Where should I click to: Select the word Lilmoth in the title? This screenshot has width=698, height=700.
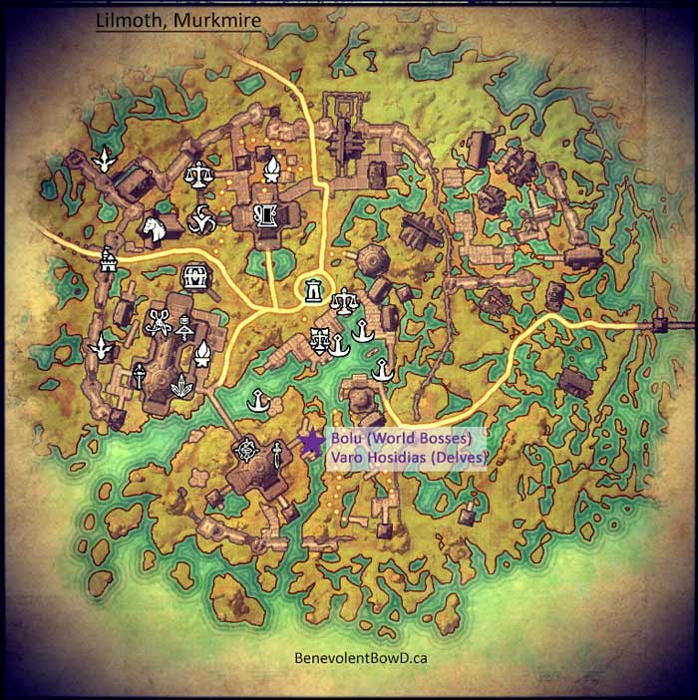(127, 18)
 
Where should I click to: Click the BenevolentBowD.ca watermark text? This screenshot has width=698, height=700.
(362, 658)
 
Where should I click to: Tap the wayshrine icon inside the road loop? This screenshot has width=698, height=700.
(314, 291)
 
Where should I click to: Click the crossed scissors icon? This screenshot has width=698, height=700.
(157, 320)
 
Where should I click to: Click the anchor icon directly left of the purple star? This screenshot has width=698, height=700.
(258, 399)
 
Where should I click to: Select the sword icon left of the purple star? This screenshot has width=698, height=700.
(275, 452)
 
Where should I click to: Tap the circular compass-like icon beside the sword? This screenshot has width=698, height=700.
(245, 451)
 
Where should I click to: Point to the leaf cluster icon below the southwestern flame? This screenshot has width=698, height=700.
(181, 385)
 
